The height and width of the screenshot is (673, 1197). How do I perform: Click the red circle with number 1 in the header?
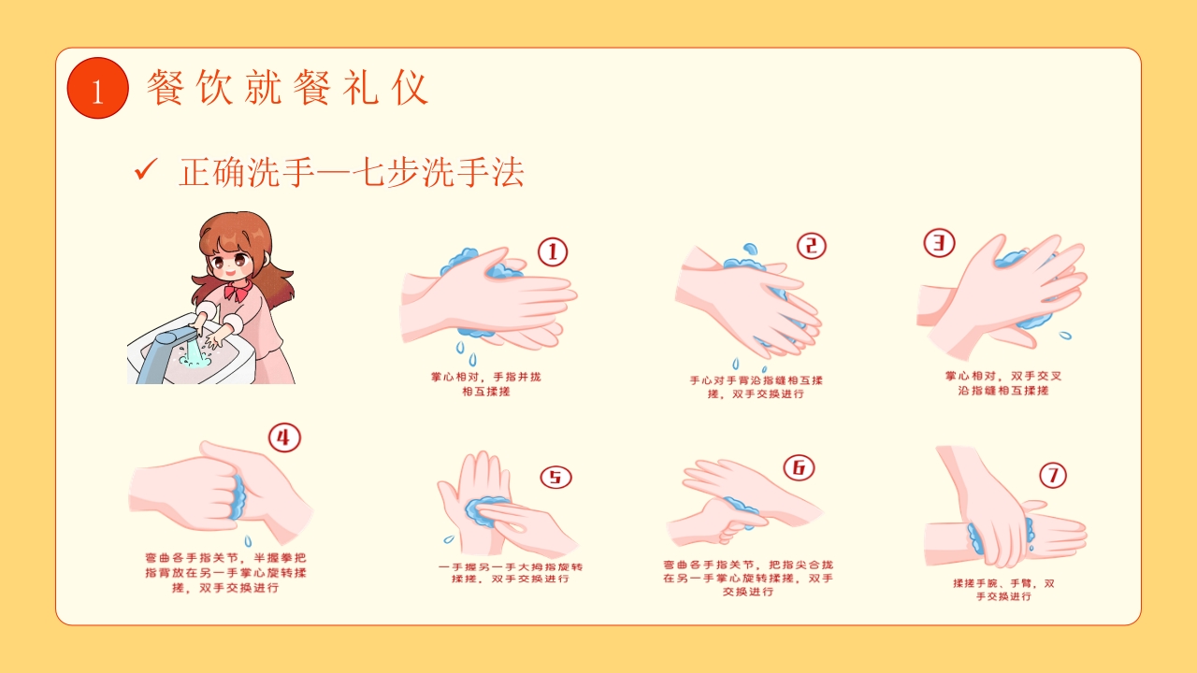point(97,88)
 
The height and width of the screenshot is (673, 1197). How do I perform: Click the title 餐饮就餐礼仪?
point(287,88)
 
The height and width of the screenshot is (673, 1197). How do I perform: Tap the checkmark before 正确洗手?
point(145,170)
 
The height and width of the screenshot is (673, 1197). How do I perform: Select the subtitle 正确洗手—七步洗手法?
point(351,173)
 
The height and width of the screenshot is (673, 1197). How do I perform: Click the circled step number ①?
point(552,251)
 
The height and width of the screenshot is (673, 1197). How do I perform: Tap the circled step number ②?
point(811,246)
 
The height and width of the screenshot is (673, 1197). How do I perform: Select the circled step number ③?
point(939,243)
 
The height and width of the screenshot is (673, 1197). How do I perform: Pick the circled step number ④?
point(284,437)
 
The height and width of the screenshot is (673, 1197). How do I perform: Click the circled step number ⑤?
point(555,477)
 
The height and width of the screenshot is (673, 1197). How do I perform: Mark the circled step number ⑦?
point(1052,476)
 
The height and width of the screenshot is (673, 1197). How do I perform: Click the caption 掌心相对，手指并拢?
point(485,378)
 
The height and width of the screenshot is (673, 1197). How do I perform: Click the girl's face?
point(231,257)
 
